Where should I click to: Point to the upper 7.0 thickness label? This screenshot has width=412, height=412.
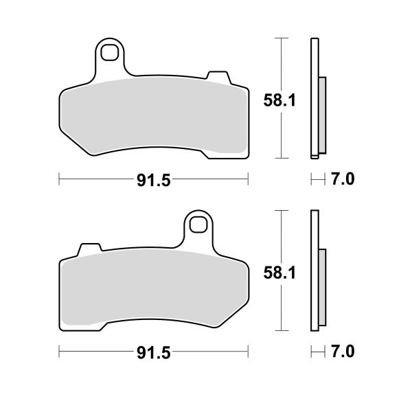click(341, 181)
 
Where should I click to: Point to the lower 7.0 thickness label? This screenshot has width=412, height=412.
click(341, 352)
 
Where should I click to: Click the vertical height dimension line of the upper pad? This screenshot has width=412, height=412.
click(279, 62)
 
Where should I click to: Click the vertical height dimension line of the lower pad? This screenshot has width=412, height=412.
click(279, 233)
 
